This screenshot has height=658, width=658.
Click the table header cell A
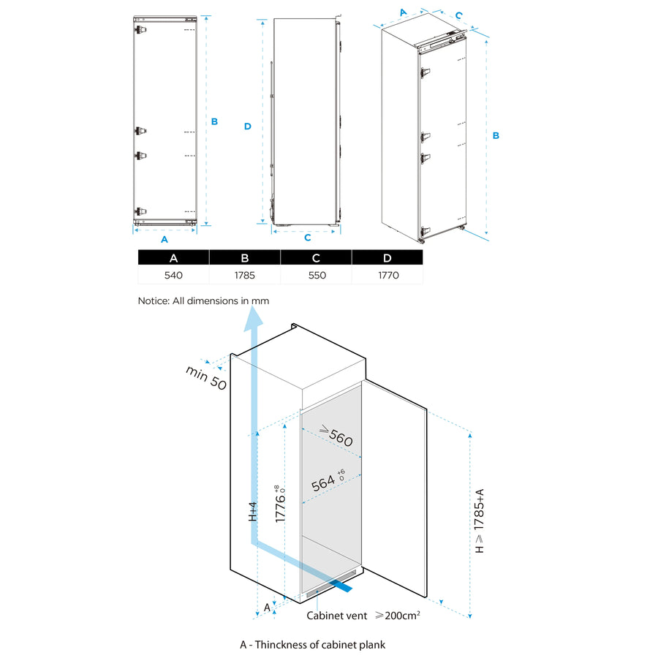(x=173, y=257)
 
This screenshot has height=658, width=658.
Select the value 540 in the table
(x=173, y=276)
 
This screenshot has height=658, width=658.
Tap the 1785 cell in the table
(x=244, y=276)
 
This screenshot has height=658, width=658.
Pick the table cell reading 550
(x=316, y=276)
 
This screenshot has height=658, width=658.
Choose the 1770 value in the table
(x=387, y=276)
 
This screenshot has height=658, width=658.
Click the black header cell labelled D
(x=387, y=257)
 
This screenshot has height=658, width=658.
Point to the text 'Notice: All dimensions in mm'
(x=203, y=300)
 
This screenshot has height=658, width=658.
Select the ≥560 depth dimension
(x=336, y=436)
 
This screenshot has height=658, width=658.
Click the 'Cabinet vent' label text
(x=336, y=616)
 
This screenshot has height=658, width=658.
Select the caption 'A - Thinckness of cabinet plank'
(x=312, y=645)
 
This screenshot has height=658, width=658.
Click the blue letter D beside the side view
(x=248, y=126)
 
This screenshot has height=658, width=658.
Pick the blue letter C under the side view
(x=307, y=238)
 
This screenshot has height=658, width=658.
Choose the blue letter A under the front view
(x=164, y=239)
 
